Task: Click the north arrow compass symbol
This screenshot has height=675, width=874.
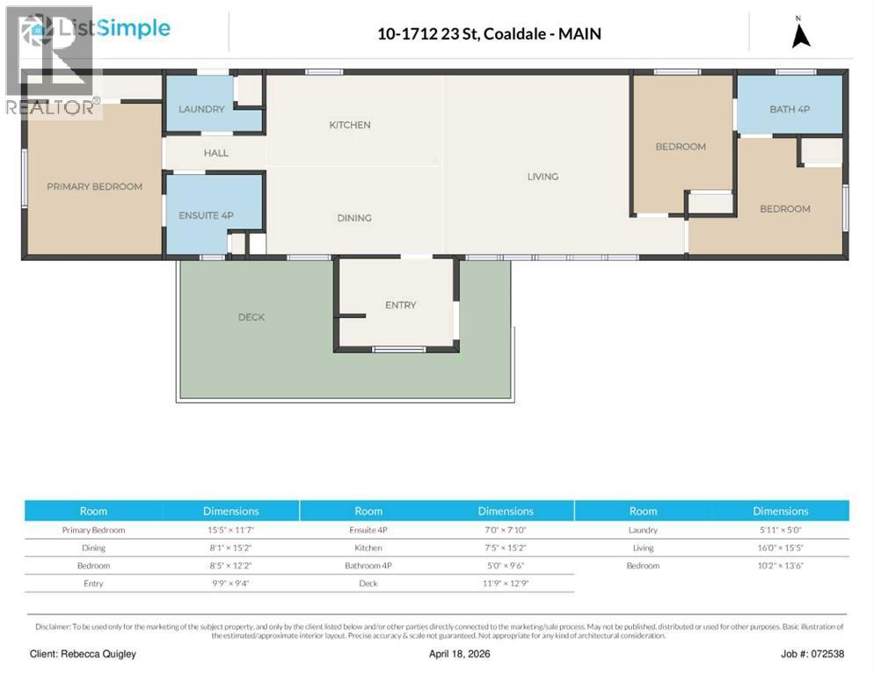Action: pos(800,34)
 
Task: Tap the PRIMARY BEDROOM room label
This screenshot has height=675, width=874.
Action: pos(94,186)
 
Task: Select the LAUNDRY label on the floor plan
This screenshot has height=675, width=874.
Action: pos(201,109)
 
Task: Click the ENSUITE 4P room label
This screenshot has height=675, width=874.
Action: pos(206,215)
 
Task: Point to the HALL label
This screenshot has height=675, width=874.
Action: pos(215,153)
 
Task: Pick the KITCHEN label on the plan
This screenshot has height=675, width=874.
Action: pos(349,125)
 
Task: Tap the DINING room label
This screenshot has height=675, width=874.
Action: pos(353,218)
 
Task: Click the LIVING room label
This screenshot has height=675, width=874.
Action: pos(543,177)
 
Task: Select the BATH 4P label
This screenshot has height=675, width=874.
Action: pos(789,109)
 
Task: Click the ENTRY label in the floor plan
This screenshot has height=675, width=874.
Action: pos(400,305)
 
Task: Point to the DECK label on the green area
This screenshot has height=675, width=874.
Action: pos(251,317)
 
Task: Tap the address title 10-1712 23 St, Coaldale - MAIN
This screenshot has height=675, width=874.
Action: pos(489,34)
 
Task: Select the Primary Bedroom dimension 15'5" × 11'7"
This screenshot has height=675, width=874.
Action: pos(230,530)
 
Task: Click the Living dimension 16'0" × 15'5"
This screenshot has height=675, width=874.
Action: pos(780,548)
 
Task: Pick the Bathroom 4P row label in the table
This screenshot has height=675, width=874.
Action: pos(368,565)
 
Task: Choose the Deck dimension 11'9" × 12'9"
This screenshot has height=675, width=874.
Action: pos(505,584)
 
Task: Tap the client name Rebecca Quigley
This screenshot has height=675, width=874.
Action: pos(84,654)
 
